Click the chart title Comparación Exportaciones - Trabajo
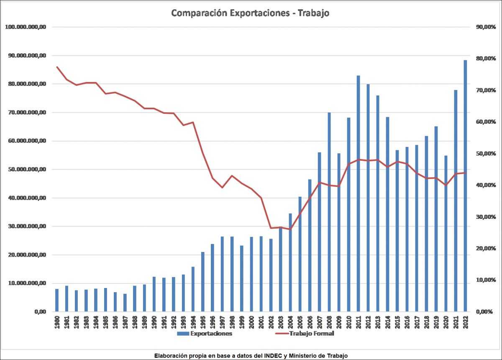pyautogui.click(x=250, y=13)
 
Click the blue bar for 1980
pyautogui.click(x=57, y=300)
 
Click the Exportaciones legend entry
pyautogui.click(x=211, y=334)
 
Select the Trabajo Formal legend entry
pyautogui.click(x=312, y=334)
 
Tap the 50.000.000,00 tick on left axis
pyautogui.click(x=25, y=170)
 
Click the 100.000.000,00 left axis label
pyautogui.click(x=25, y=27)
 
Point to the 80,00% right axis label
pyautogui.click(x=486, y=59)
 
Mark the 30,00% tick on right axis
pyautogui.click(x=486, y=217)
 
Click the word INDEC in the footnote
pyautogui.click(x=273, y=355)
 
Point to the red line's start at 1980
pyautogui.click(x=57, y=67)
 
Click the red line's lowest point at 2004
pyautogui.click(x=290, y=229)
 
